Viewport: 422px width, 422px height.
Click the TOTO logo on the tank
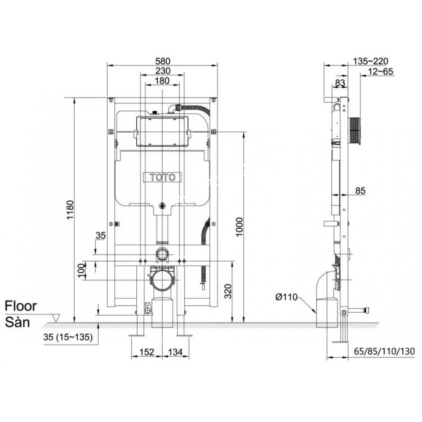coord(162,177)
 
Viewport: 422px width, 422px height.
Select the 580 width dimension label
coord(162,61)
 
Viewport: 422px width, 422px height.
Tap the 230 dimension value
coord(162,71)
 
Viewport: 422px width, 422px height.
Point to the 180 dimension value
coord(162,81)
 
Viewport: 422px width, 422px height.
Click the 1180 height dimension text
coord(70,209)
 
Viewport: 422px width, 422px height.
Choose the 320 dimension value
coord(227,291)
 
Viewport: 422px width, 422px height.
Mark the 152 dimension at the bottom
coord(147,352)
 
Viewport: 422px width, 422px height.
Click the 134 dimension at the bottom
coord(176,352)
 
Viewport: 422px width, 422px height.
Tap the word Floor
coord(21,306)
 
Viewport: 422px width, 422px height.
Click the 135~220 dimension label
coord(370,61)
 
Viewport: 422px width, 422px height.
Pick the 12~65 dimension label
coord(381,71)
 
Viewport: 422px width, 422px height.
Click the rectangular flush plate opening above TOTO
coord(162,131)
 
